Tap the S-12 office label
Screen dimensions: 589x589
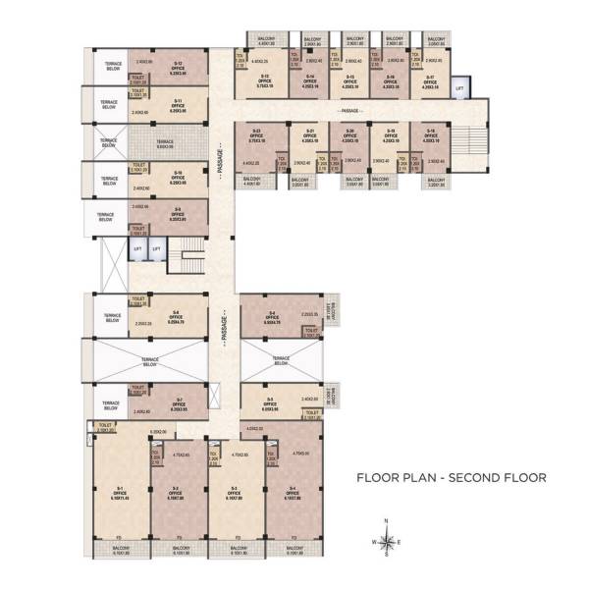[x=178, y=68]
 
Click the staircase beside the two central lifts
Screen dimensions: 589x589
[x=189, y=257]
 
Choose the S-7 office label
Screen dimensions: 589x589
[x=178, y=402]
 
